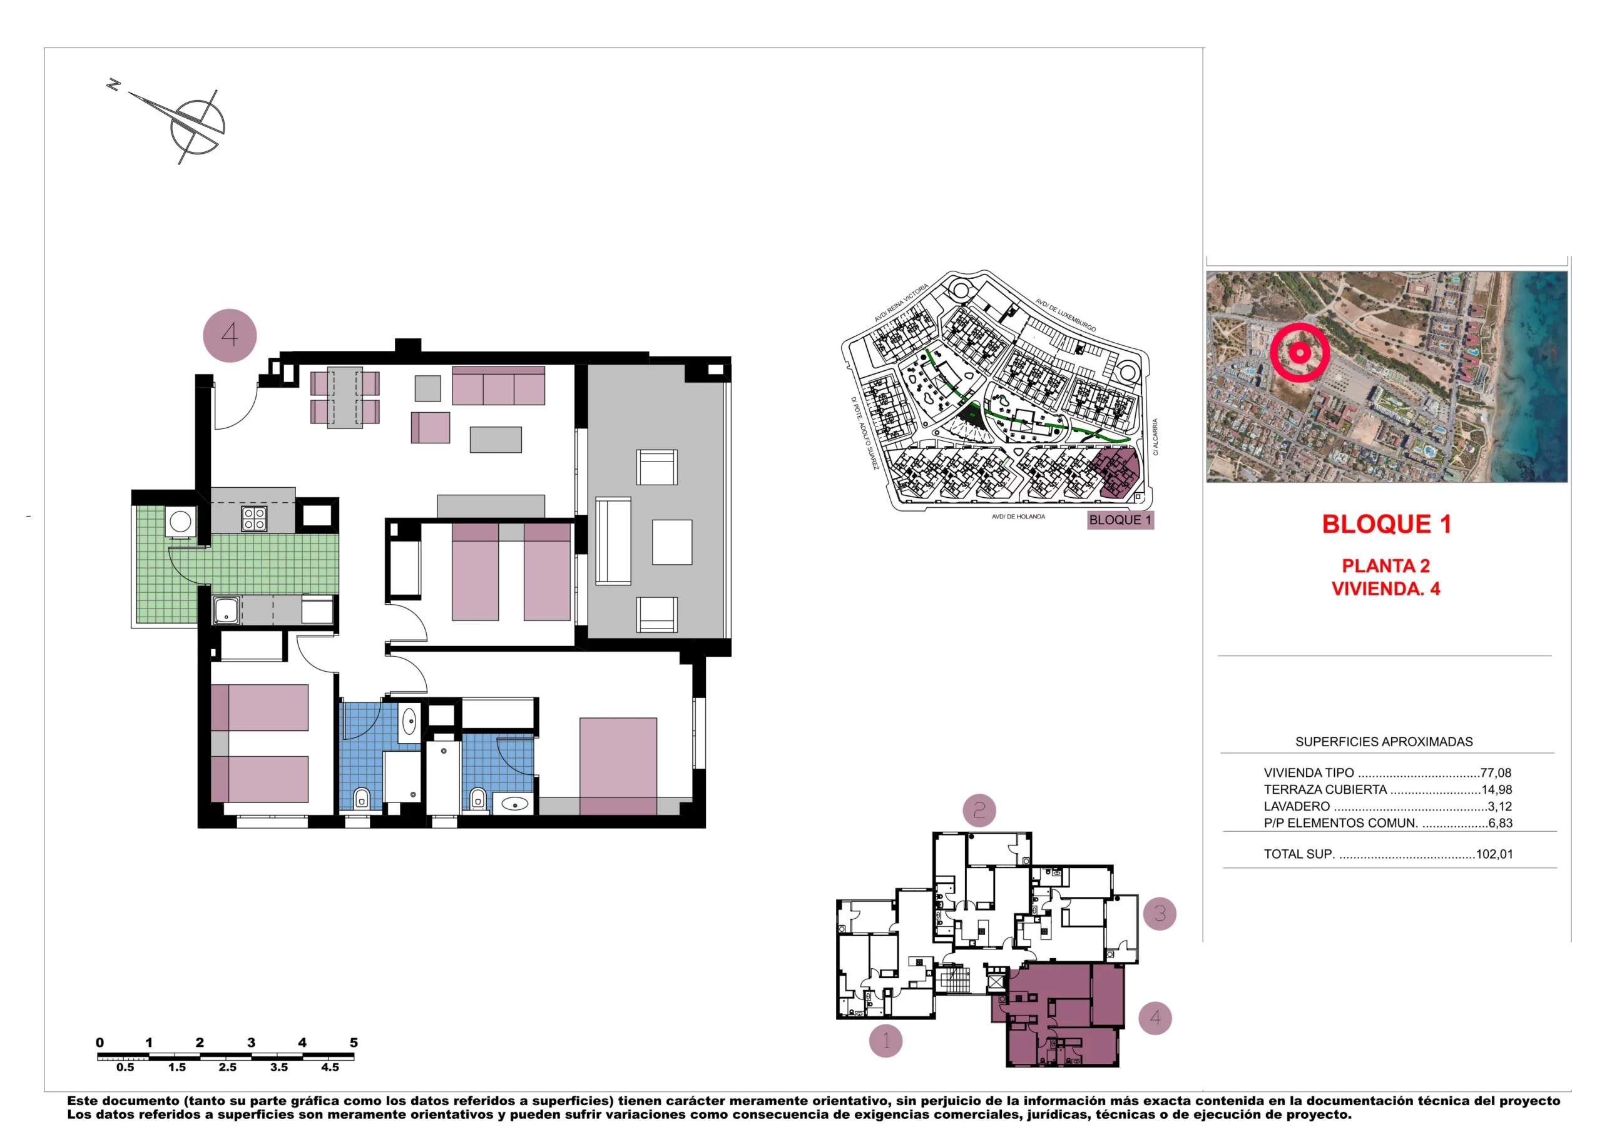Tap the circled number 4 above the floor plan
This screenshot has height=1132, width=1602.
pos(230,335)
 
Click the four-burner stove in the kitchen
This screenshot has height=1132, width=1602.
pos(254,519)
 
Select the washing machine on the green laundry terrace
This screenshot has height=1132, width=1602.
pos(180,522)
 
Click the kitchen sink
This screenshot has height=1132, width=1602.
pos(226,610)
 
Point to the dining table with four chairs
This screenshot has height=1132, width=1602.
pos(345,398)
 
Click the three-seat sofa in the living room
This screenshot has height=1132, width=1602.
pos(498,387)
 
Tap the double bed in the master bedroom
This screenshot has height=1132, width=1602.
pos(618,766)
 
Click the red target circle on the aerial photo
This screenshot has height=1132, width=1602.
pos(1299,352)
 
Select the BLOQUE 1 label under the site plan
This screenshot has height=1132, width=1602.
pos(1120,520)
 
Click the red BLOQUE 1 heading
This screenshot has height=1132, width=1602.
pos(1386,524)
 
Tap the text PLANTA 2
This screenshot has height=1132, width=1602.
pos(1385,565)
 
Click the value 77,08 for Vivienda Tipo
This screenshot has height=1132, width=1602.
pos(1495,773)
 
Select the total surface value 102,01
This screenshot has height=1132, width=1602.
pos(1494,854)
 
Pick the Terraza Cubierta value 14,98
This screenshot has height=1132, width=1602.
pos(1497,789)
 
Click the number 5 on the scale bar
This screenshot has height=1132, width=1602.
pos(354,1042)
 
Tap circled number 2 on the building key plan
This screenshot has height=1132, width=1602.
pos(979,810)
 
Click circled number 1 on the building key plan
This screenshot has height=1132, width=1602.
pos(885,1041)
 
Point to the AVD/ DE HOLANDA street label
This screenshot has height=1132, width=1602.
pos(1018,517)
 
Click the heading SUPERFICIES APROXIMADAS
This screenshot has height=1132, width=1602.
pos(1384,741)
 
